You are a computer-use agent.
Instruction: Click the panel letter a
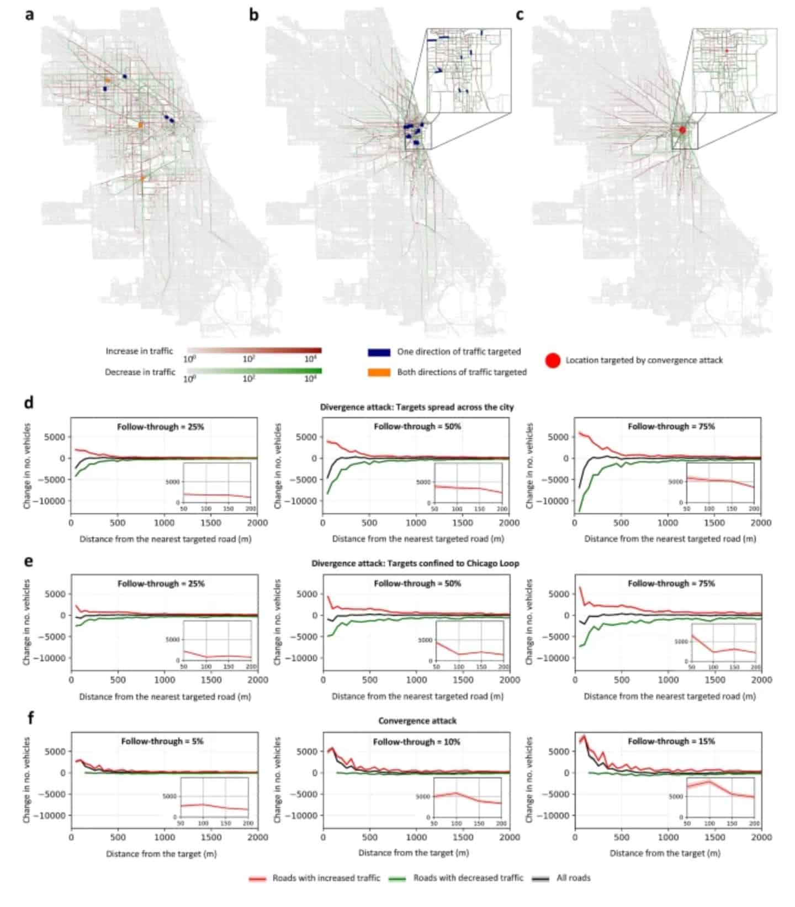coord(29,14)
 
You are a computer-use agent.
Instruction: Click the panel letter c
coord(520,14)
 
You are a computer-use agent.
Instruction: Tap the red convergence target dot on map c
coord(682,130)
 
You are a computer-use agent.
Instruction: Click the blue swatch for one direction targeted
coord(379,352)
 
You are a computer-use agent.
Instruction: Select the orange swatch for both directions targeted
coord(379,372)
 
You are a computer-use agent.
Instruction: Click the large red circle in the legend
coord(553,361)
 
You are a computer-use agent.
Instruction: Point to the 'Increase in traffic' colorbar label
coord(139,351)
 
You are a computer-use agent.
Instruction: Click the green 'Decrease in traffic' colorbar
coord(254,371)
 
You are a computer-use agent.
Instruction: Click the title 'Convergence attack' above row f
coord(417,720)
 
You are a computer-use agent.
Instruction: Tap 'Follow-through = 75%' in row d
coord(671,426)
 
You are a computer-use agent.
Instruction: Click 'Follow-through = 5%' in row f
coord(162,741)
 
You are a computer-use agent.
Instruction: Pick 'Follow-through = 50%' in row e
coord(417,583)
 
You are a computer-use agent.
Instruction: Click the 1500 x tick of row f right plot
coord(715,837)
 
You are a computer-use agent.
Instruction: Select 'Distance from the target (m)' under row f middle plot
coord(414,853)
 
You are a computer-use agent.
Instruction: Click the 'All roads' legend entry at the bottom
coord(573,878)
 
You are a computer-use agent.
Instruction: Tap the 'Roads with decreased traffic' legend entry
coord(468,878)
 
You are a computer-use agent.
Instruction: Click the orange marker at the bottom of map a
coord(142,178)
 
